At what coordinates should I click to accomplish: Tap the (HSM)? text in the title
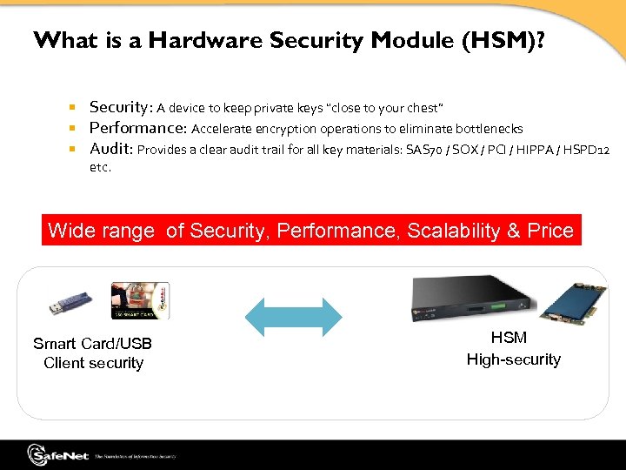[x=504, y=40]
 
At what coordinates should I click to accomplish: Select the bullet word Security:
[x=121, y=107]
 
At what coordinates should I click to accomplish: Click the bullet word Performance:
[x=137, y=128]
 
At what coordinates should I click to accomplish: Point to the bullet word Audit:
[x=110, y=149]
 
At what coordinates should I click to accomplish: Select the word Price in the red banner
[x=549, y=231]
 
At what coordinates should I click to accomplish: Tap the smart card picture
[x=138, y=301]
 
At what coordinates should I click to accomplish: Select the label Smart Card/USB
[x=93, y=344]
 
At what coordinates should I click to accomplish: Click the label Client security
[x=93, y=363]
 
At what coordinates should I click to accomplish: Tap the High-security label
[x=514, y=359]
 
